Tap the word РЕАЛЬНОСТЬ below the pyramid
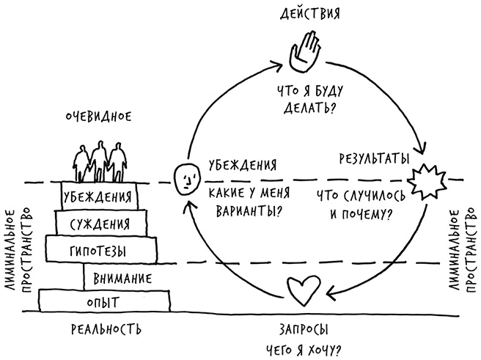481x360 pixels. pos(106,328)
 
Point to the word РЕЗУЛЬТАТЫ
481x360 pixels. pos(373,158)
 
